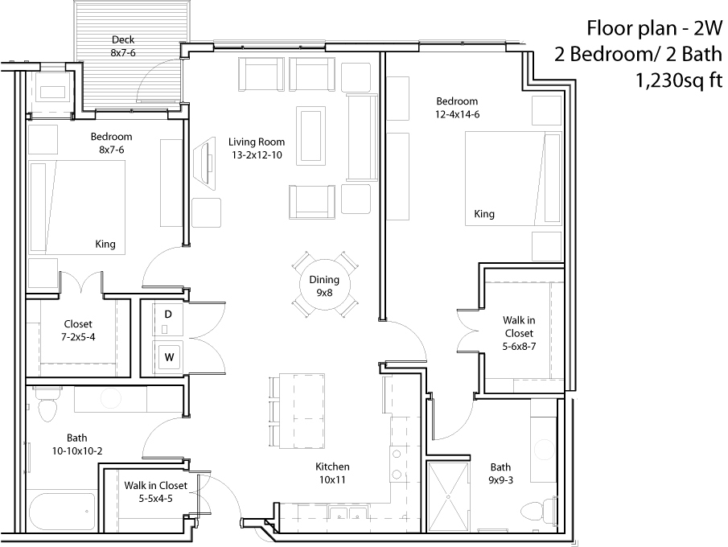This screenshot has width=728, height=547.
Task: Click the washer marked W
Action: coord(168,356)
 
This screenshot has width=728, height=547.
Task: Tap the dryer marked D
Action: coord(168,320)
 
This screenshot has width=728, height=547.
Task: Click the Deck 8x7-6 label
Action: coord(123,46)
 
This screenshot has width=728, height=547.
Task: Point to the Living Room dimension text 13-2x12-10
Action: coord(257,155)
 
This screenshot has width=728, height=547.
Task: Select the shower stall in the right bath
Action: coord(449,496)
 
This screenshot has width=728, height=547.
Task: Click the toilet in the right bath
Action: coord(539,511)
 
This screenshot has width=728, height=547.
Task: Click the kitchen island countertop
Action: coord(302,410)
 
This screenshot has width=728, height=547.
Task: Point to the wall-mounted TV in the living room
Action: coord(205,162)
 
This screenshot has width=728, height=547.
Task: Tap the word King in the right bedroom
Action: coord(484,214)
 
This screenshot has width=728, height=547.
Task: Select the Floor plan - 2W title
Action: coord(655,28)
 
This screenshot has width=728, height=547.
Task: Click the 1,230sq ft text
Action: coord(679,80)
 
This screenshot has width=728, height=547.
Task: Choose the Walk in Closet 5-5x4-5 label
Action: coord(155,491)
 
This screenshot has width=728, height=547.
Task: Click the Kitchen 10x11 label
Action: coord(332,473)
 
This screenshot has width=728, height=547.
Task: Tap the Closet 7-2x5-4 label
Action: coord(78,330)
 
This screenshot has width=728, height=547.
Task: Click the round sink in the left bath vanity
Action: coord(110,399)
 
